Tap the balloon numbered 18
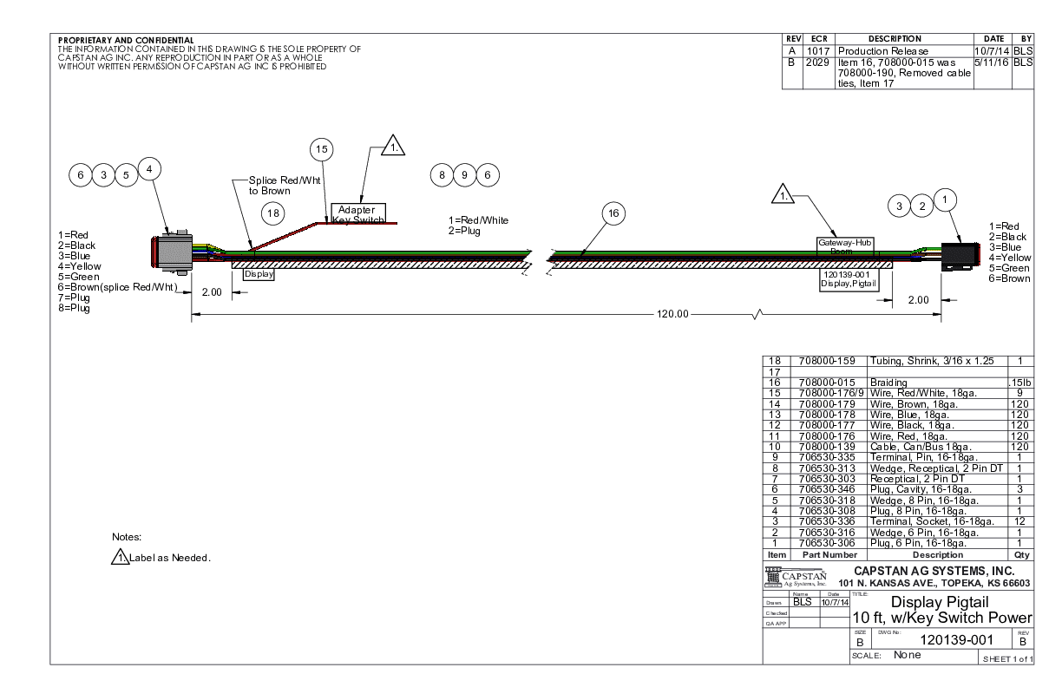pos(273,213)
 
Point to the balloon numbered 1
pos(946,198)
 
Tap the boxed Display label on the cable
pos(259,273)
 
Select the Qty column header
pos(1020,554)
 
